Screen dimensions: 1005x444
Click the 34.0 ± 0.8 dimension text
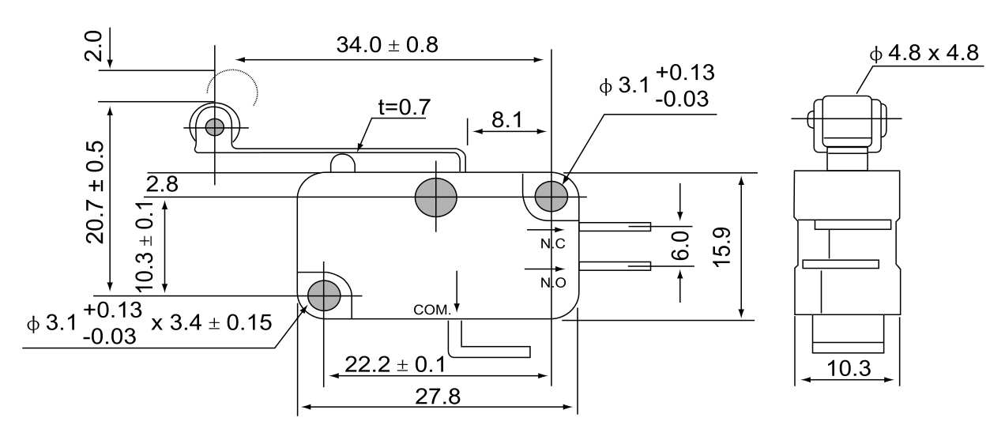[387, 45]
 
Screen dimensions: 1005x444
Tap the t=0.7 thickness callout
[405, 107]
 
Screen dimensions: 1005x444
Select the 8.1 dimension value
[507, 120]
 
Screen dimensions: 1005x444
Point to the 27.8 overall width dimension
[438, 397]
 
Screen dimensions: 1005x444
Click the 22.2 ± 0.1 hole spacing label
[395, 364]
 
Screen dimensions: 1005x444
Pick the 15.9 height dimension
[722, 247]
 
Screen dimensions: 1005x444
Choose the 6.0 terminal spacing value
[680, 246]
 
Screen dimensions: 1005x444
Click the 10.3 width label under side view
[849, 368]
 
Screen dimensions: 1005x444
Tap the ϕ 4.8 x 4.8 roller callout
[924, 53]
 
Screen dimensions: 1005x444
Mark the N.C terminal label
[553, 243]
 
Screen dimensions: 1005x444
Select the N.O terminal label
[553, 283]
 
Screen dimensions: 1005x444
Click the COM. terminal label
[431, 310]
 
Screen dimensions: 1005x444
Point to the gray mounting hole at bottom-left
[324, 295]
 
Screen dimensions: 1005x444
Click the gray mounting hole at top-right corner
[551, 196]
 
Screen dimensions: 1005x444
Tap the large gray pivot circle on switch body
[435, 198]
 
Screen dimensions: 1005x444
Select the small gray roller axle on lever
[214, 127]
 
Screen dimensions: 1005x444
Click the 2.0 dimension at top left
[93, 45]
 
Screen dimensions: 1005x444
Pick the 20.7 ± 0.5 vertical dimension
[95, 193]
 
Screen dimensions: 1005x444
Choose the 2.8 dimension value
[162, 184]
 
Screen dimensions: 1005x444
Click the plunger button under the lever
[343, 164]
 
